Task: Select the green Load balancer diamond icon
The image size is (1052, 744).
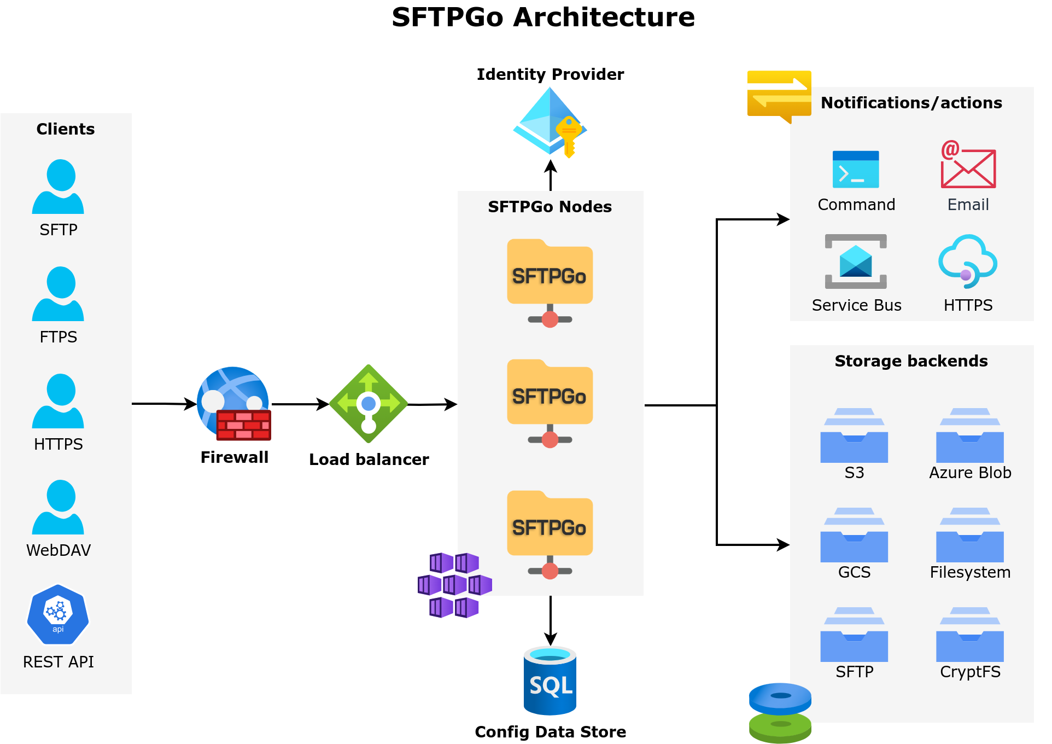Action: (369, 404)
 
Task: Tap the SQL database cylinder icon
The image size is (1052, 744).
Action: (550, 681)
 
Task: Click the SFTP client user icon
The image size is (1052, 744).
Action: (58, 187)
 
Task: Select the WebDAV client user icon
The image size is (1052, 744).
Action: (58, 507)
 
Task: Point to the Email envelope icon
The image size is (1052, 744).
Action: (968, 165)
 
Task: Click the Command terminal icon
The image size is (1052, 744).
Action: (856, 169)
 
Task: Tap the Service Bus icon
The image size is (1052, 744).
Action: (856, 261)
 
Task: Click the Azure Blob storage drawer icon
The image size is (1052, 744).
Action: (969, 435)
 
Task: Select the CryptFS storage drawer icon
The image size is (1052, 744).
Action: (969, 635)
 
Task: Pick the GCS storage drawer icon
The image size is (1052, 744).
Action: (854, 535)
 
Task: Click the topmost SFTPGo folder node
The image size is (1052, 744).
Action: (550, 274)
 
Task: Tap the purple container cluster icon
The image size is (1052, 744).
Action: (455, 585)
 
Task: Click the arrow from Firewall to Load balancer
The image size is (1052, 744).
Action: (300, 404)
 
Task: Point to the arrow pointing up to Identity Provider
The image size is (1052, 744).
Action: (551, 175)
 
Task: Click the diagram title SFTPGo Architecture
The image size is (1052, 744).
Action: (543, 17)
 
